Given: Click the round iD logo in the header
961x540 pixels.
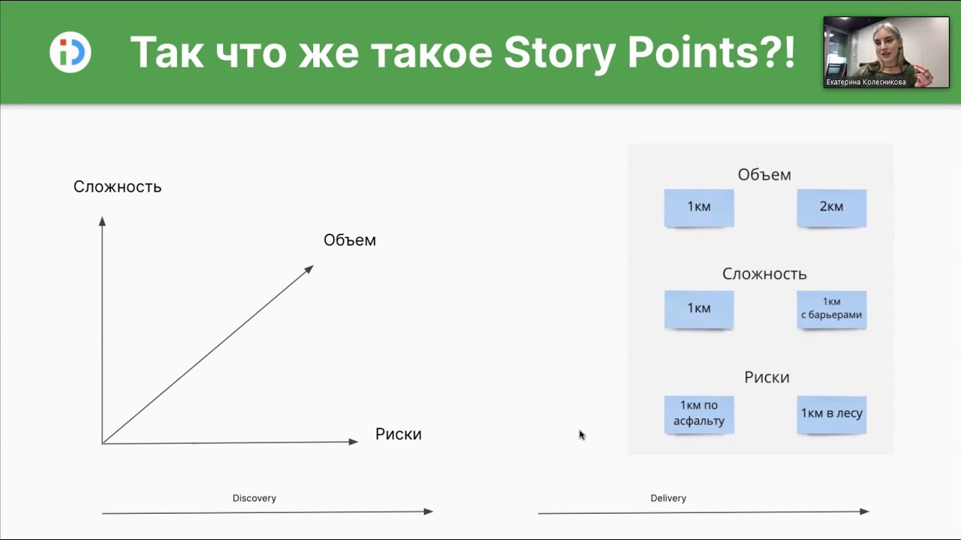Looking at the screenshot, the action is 70,52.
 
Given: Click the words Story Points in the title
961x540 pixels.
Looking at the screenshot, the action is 649,53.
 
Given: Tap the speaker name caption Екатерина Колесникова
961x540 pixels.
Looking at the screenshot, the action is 866,82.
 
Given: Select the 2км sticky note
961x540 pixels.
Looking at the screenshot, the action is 831,208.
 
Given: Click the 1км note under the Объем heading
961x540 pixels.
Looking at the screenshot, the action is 699,208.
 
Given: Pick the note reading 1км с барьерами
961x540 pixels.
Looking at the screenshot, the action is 831,310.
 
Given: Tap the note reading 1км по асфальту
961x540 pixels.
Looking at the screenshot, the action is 699,415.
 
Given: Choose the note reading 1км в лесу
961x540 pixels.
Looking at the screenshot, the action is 831,415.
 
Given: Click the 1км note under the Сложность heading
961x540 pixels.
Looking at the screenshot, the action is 699,310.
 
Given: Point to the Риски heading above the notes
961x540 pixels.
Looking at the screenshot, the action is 767,377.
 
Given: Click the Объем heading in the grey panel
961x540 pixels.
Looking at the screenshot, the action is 764,175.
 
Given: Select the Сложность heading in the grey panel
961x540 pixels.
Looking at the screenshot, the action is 764,274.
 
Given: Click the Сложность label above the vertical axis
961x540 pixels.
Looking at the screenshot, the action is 117,187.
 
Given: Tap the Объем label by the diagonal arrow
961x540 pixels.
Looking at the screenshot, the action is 350,240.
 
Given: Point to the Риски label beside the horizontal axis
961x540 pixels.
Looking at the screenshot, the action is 398,434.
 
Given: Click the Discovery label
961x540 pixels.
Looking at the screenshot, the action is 255,498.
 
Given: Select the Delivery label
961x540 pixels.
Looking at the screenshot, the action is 668,498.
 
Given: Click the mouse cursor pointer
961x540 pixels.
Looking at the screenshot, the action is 582,435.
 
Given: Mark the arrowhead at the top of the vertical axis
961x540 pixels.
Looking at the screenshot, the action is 102,221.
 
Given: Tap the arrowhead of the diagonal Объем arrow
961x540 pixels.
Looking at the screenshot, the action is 309,269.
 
